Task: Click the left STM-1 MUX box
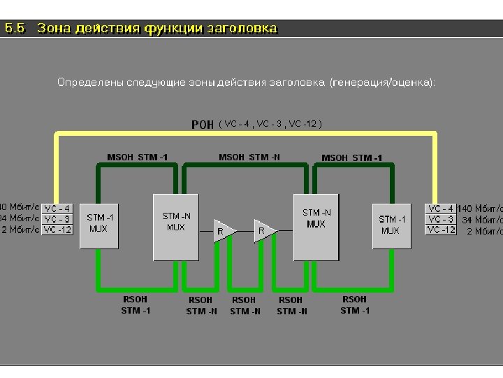coord(99,223)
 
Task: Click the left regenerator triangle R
coord(223,230)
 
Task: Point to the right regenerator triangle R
coord(263,230)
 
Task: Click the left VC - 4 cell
coord(57,209)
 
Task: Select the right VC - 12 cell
coord(441,230)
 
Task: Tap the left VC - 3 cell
coord(57,219)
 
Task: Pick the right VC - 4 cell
coord(441,209)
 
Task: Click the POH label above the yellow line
coord(203,125)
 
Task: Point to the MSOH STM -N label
coord(249,157)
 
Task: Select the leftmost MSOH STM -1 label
coord(137,157)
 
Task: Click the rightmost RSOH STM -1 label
coord(354,304)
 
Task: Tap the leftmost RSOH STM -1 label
coord(136,304)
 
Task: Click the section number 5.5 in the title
coord(15,29)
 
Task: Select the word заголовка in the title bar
coord(241,29)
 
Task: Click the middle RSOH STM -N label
coord(245,305)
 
